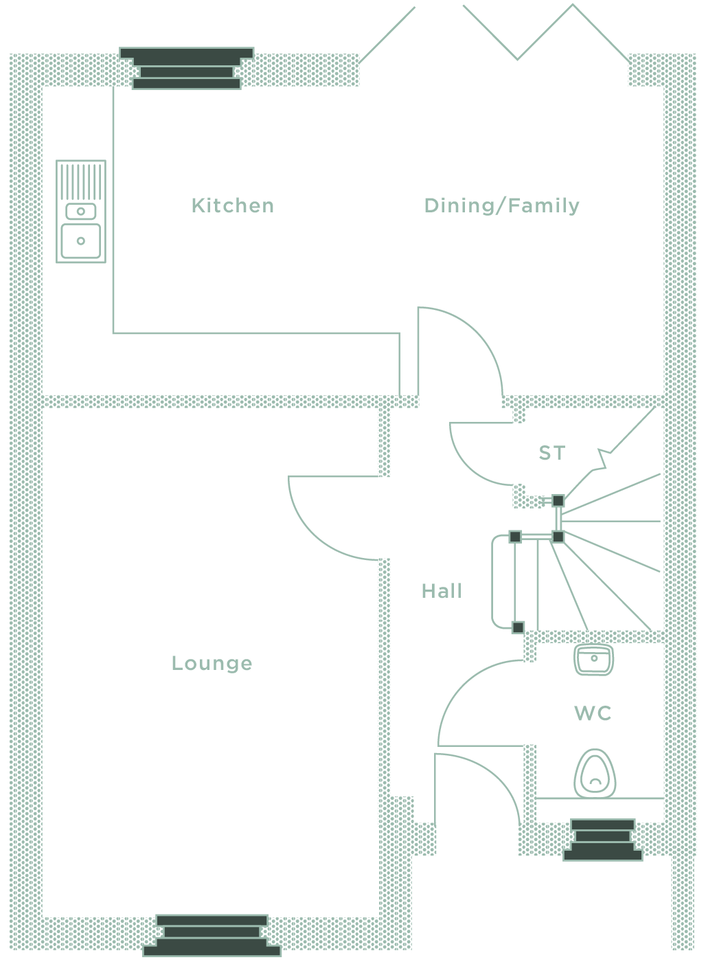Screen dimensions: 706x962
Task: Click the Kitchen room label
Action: pos(233,205)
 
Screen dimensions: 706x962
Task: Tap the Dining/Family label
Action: pos(502,205)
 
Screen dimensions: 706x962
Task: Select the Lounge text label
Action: pos(212,664)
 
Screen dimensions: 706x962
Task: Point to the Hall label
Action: pos(442,591)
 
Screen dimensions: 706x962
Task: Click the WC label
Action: pos(593,713)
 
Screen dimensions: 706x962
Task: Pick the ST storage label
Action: pos(552,453)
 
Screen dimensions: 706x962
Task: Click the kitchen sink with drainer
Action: pos(80,212)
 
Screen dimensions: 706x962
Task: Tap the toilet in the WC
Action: pos(595,774)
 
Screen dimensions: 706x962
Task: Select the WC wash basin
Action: pos(594,660)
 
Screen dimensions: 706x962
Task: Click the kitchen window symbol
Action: pos(187,68)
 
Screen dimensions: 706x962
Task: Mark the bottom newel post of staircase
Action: pos(518,627)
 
